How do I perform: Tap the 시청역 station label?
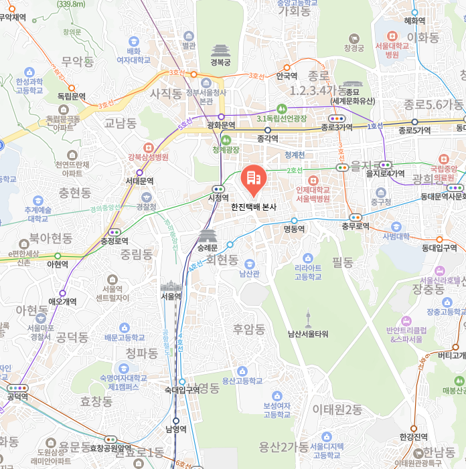point(218,198)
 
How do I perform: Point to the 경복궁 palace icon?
point(220,50)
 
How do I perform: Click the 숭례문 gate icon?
point(208,236)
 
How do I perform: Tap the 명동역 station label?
point(294,229)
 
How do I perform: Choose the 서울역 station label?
point(171,296)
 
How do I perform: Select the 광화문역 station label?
point(221,125)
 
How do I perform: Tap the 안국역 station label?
point(287,76)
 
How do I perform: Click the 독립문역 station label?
point(72,96)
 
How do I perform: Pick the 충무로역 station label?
point(355,226)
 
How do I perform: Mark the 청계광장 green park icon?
point(226,140)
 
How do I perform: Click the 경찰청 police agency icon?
point(147,197)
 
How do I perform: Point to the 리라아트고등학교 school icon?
point(308,258)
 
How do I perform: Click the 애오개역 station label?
point(62,302)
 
